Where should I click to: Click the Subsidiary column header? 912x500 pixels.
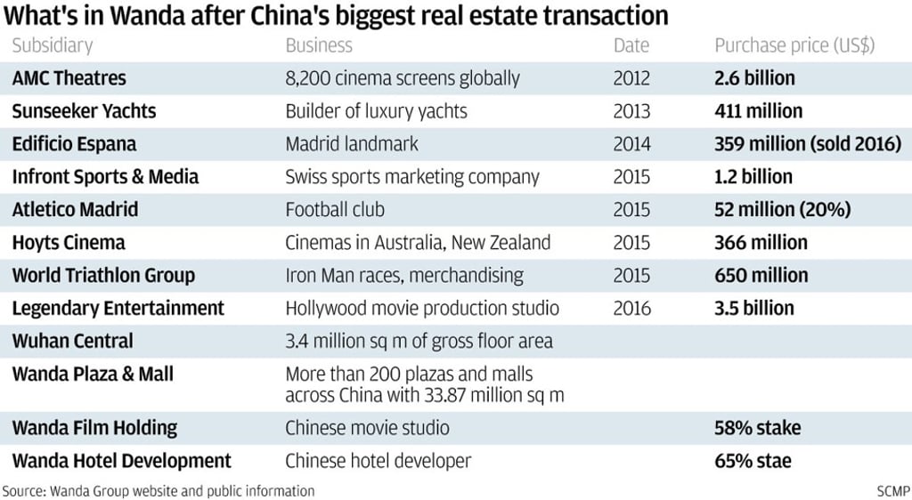tap(53, 45)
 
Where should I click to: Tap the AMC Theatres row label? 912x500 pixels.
tap(69, 78)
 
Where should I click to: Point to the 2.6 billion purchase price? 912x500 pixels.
tap(754, 78)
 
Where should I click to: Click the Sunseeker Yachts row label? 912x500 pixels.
tap(84, 111)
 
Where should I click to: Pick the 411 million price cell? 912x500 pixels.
tap(758, 111)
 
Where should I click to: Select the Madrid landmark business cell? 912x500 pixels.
tap(352, 144)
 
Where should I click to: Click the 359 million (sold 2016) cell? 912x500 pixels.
tap(808, 144)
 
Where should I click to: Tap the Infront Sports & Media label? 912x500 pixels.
tap(105, 177)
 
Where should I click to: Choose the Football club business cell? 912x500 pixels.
tap(335, 210)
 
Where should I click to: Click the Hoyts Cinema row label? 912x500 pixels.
tap(69, 243)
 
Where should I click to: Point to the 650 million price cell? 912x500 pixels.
tap(761, 275)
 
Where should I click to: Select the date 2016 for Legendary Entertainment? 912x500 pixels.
tap(631, 309)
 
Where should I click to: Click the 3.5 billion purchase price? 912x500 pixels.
tap(753, 309)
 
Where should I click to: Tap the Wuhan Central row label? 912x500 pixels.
tap(73, 341)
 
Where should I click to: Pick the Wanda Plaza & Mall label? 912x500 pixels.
tap(93, 375)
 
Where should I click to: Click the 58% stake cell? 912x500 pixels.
tap(757, 428)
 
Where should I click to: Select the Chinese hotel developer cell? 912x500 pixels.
tap(378, 461)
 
